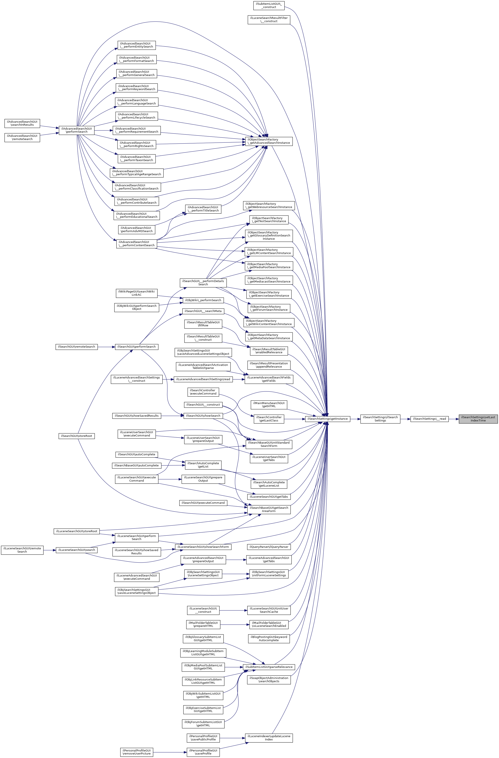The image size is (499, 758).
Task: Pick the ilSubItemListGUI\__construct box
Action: (269, 5)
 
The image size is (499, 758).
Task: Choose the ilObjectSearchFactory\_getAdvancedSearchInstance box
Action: (269, 141)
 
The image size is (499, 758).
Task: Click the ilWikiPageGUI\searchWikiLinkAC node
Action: (137, 293)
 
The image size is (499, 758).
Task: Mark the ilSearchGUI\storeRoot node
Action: (76, 436)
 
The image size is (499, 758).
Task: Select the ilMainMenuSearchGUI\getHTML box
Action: (269, 405)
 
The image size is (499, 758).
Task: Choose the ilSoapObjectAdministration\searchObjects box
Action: (269, 680)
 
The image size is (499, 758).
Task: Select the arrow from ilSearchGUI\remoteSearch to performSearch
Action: (106, 347)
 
